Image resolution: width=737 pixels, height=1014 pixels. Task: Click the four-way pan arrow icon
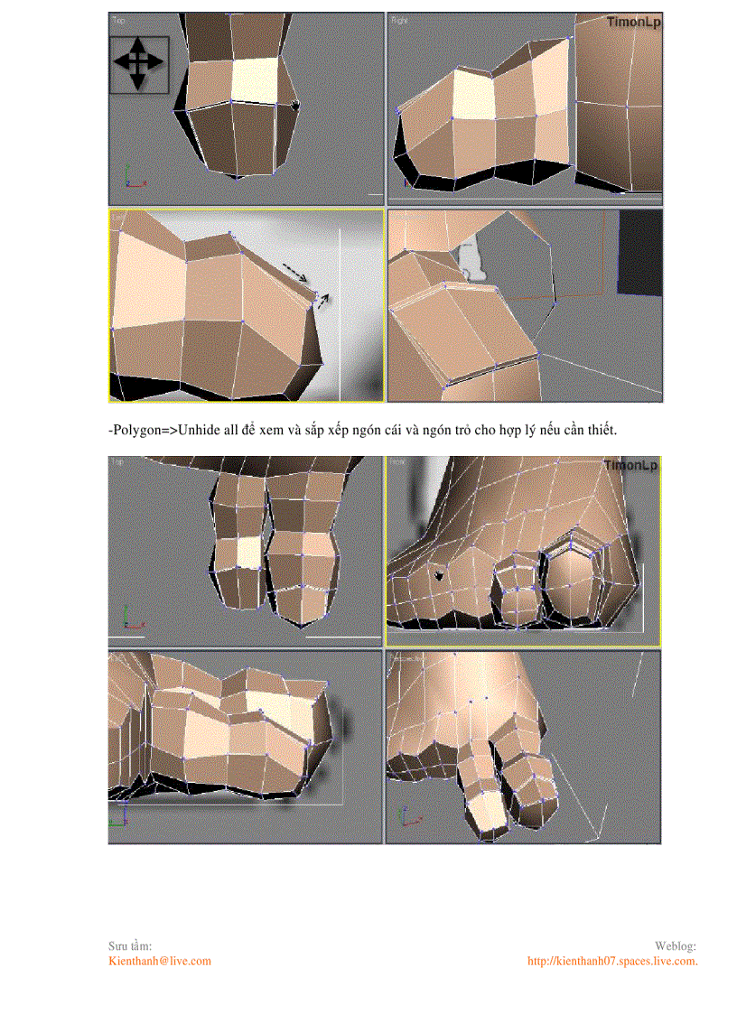click(137, 62)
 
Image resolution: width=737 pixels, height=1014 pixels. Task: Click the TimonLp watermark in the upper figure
click(633, 22)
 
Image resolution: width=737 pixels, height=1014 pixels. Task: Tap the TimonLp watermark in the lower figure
click(631, 465)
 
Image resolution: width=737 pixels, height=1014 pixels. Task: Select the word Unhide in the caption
click(198, 431)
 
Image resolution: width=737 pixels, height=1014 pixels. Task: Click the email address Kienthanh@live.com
click(160, 961)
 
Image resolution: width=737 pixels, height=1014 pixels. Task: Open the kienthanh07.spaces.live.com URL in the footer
click(611, 961)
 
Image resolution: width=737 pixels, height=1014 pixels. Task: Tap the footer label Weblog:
click(675, 945)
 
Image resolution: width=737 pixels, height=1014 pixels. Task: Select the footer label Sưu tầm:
click(130, 945)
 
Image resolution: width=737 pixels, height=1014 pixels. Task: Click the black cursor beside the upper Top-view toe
click(295, 107)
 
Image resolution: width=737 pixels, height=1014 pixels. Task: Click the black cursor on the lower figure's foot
click(439, 574)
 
